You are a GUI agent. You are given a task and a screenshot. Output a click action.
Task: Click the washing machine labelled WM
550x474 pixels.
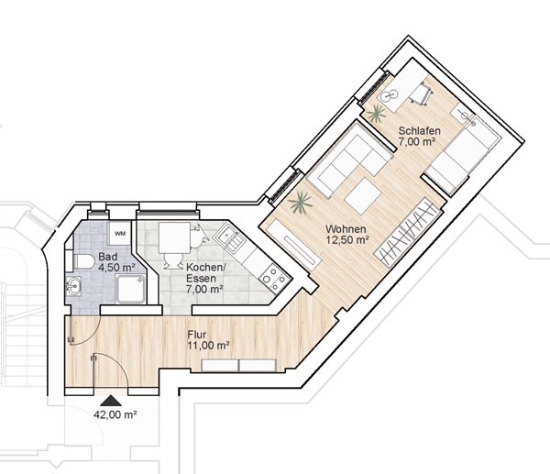pyautogui.click(x=119, y=233)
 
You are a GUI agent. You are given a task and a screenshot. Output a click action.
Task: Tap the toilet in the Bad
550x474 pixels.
pyautogui.click(x=83, y=261)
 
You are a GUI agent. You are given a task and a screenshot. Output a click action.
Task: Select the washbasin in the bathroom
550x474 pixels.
pyautogui.click(x=73, y=286)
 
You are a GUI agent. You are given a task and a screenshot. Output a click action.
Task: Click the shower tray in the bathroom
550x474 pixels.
pyautogui.click(x=130, y=289)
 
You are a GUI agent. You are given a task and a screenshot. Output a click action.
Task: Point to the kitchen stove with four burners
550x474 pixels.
pyautogui.click(x=276, y=278)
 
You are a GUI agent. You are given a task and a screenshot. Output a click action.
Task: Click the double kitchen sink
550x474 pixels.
pyautogui.click(x=230, y=237)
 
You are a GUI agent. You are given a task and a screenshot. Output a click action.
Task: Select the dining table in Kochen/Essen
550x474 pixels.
pyautogui.click(x=175, y=237)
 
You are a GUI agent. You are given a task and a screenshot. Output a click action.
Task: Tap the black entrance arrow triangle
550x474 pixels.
pyautogui.click(x=111, y=401)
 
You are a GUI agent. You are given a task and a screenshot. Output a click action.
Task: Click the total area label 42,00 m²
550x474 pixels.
pyautogui.click(x=115, y=414)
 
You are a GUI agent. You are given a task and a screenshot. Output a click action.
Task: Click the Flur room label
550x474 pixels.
pyautogui.click(x=197, y=335)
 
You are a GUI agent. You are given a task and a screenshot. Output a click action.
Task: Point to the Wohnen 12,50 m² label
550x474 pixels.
pyautogui.click(x=346, y=235)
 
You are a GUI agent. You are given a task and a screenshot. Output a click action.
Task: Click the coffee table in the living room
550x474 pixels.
pyautogui.click(x=363, y=196)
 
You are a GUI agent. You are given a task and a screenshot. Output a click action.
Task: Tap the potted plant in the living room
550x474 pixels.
pyautogui.click(x=300, y=202)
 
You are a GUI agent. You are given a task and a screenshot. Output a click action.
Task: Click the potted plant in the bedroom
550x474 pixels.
pyautogui.click(x=377, y=114)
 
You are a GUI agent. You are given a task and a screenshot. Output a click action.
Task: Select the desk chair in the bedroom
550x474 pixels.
pyautogui.click(x=423, y=93)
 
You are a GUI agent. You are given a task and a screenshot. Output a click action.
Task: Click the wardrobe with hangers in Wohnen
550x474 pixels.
pyautogui.click(x=408, y=232)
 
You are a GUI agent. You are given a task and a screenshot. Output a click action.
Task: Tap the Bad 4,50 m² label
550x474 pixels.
pyautogui.click(x=116, y=261)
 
